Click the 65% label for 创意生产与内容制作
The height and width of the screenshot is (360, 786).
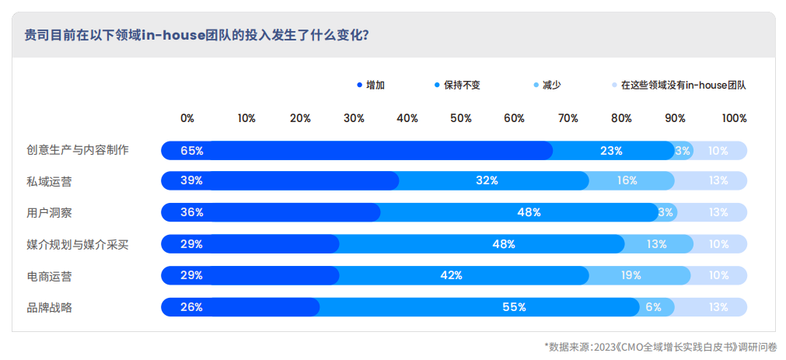pos(192,151)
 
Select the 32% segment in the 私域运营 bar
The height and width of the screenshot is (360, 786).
pos(487,180)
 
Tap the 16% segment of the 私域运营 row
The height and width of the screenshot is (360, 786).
pos(627,180)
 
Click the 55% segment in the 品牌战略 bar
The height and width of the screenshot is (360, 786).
pos(514,307)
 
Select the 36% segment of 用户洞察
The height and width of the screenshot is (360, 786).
pos(271,212)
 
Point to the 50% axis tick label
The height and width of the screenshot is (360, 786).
pos(461,118)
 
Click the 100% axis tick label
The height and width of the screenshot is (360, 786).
pos(734,118)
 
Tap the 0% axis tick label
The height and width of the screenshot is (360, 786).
pos(187,118)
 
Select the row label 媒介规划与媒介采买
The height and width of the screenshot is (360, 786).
pos(78,244)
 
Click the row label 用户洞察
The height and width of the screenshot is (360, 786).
pos(50,212)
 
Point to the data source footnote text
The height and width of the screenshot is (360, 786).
pos(660,346)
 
